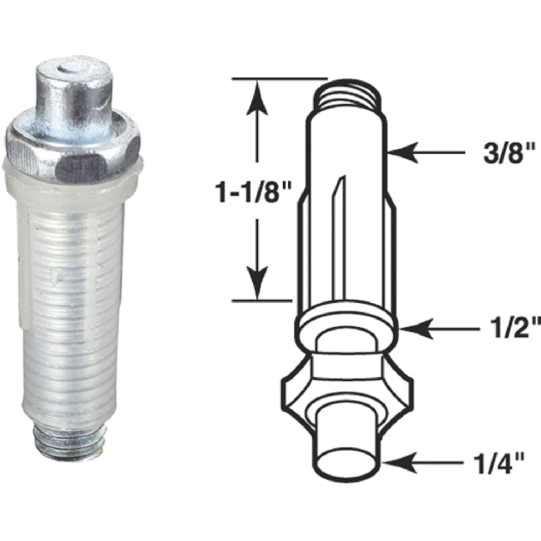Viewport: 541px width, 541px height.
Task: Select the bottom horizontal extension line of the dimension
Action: pyautogui.click(x=262, y=299)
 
